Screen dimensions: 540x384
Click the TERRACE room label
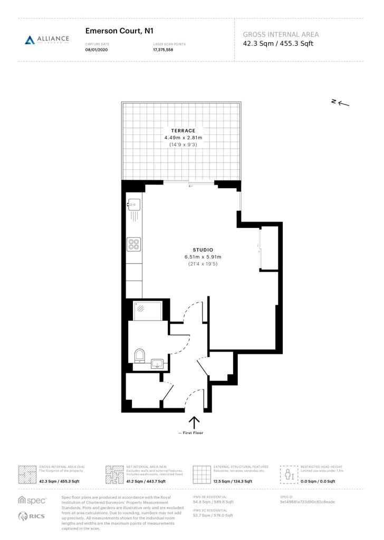pos(183,130)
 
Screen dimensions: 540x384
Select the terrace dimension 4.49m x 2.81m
pos(183,138)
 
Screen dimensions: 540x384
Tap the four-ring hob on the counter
pos(134,244)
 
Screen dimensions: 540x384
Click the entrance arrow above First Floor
pos(194,422)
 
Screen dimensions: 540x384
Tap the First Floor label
pos(190,433)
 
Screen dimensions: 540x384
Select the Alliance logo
pos(47,40)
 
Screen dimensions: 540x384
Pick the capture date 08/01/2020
pos(97,50)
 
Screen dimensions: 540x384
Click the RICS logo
pos(31,516)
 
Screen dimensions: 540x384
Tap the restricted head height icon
pos(289,474)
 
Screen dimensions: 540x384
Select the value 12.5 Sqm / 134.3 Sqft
pos(234,481)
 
